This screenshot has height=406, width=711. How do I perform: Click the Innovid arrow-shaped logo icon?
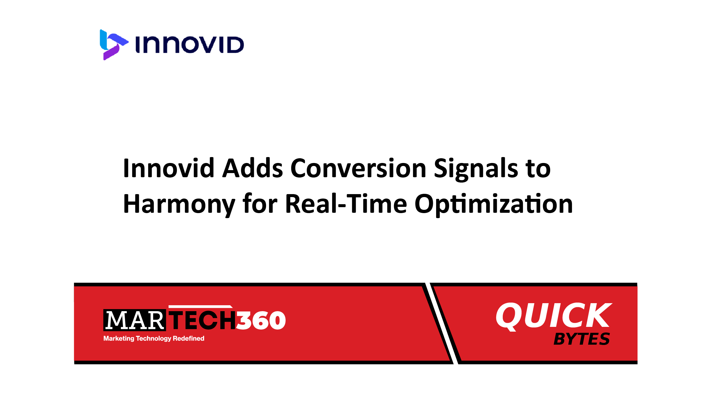pyautogui.click(x=113, y=44)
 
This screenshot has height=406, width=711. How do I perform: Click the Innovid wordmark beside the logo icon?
pyautogui.click(x=190, y=45)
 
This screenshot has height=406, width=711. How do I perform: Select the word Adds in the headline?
pyautogui.click(x=253, y=168)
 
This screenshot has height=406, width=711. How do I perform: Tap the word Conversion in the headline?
pyautogui.click(x=358, y=168)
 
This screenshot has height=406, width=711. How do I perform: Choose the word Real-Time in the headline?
pyautogui.click(x=346, y=204)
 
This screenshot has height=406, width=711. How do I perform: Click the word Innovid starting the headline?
pyautogui.click(x=169, y=168)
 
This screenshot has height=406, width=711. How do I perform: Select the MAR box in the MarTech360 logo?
pyautogui.click(x=134, y=320)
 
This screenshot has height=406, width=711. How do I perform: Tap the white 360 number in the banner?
pyautogui.click(x=261, y=320)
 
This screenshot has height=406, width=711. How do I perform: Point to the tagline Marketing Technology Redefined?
pyautogui.click(x=154, y=338)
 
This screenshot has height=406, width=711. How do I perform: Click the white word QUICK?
pyautogui.click(x=554, y=316)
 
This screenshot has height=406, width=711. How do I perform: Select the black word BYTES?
pyautogui.click(x=582, y=339)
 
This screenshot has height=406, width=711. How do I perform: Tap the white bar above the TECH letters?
pyautogui.click(x=201, y=306)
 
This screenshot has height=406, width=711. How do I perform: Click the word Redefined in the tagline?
pyautogui.click(x=188, y=338)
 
